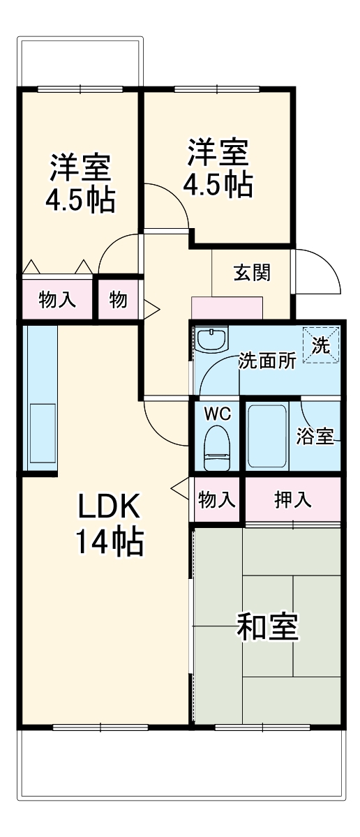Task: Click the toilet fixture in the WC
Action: tap(216, 448)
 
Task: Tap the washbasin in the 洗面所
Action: tap(211, 339)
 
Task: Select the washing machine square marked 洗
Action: tap(321, 345)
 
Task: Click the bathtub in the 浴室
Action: tap(267, 435)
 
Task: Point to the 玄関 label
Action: tap(252, 273)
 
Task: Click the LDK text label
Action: tap(109, 506)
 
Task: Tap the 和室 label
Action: tap(267, 626)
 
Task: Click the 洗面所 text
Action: tap(267, 361)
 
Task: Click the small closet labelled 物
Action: tap(118, 300)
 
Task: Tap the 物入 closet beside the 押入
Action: tap(217, 499)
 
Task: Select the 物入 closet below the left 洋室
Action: tap(57, 300)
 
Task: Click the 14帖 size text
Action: tap(110, 542)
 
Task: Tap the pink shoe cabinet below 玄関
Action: tap(227, 308)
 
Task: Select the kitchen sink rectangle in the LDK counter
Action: tap(43, 433)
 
